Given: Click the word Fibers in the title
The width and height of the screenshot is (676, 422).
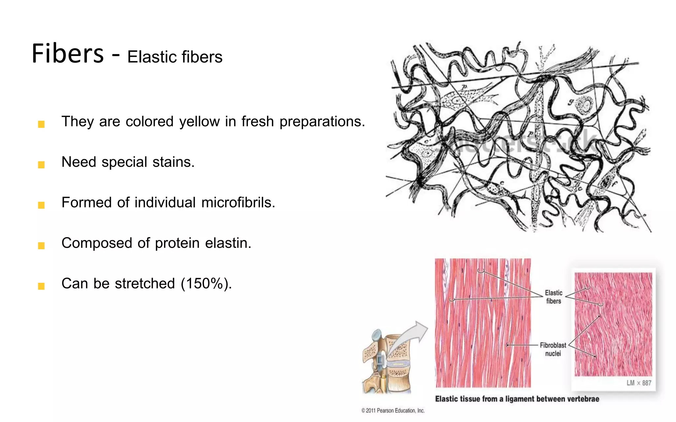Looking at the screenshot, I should click(68, 54).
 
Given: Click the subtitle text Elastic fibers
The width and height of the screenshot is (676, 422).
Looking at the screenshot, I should click(175, 57).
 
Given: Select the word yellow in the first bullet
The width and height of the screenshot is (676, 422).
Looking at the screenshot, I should click(199, 122).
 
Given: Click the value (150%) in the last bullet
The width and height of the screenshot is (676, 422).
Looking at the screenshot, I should click(206, 284).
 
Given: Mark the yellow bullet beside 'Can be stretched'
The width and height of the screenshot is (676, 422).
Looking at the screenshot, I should click(41, 286).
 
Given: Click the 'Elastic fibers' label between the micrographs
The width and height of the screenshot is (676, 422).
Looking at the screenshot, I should click(554, 297).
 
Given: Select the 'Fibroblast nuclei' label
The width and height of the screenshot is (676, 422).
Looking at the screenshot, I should click(553, 349).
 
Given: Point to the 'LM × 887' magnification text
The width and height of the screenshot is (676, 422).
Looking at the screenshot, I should click(639, 383).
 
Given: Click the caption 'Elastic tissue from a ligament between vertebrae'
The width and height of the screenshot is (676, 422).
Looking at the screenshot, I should click(517, 399).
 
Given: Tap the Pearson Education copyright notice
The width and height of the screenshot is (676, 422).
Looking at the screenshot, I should click(393, 410).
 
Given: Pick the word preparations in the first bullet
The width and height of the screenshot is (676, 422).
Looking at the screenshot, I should click(322, 122).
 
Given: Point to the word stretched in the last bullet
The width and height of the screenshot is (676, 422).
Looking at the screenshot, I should click(145, 284).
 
